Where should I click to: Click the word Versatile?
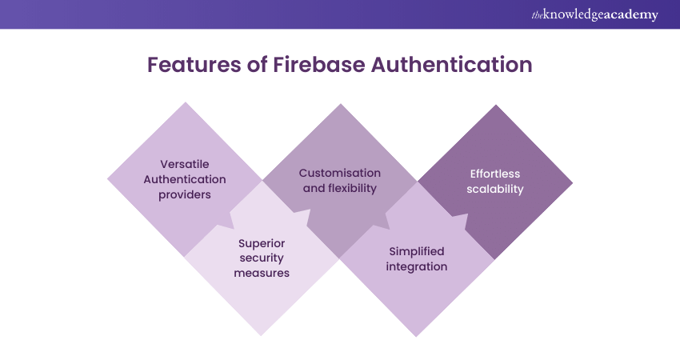(185, 164)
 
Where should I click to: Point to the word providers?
(185, 194)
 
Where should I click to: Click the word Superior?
(262, 243)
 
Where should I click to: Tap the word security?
(262, 258)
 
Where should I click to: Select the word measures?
(262, 273)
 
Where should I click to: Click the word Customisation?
(339, 173)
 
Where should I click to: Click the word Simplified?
(416, 251)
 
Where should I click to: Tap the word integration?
(416, 266)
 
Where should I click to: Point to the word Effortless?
(495, 174)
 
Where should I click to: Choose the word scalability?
(495, 190)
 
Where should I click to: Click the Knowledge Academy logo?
(594, 14)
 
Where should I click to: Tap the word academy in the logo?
(630, 14)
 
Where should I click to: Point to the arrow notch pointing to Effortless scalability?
(457, 208)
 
